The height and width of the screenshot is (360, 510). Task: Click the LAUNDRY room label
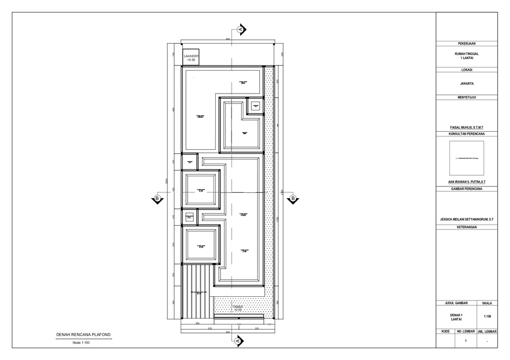click(x=191, y=57)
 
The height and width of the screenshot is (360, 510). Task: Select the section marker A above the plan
click(x=241, y=30)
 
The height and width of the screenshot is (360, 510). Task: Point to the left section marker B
click(x=157, y=199)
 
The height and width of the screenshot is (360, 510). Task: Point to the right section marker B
click(x=293, y=199)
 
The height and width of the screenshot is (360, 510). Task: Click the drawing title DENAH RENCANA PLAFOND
click(x=84, y=335)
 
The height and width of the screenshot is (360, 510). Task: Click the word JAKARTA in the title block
click(x=467, y=83)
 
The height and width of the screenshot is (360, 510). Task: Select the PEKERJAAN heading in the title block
click(x=467, y=43)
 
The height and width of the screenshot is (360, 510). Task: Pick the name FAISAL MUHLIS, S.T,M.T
click(x=467, y=128)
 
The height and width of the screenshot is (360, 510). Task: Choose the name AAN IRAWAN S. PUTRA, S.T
click(x=467, y=182)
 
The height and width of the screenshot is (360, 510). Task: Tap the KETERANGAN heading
click(x=467, y=227)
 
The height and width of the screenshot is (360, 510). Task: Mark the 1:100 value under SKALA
click(x=487, y=316)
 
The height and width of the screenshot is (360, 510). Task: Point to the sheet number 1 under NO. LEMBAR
click(x=465, y=340)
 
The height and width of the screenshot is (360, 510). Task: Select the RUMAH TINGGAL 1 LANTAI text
click(x=467, y=56)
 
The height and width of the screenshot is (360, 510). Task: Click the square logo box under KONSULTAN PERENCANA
click(x=467, y=158)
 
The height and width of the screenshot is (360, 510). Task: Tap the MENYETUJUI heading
click(x=467, y=97)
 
